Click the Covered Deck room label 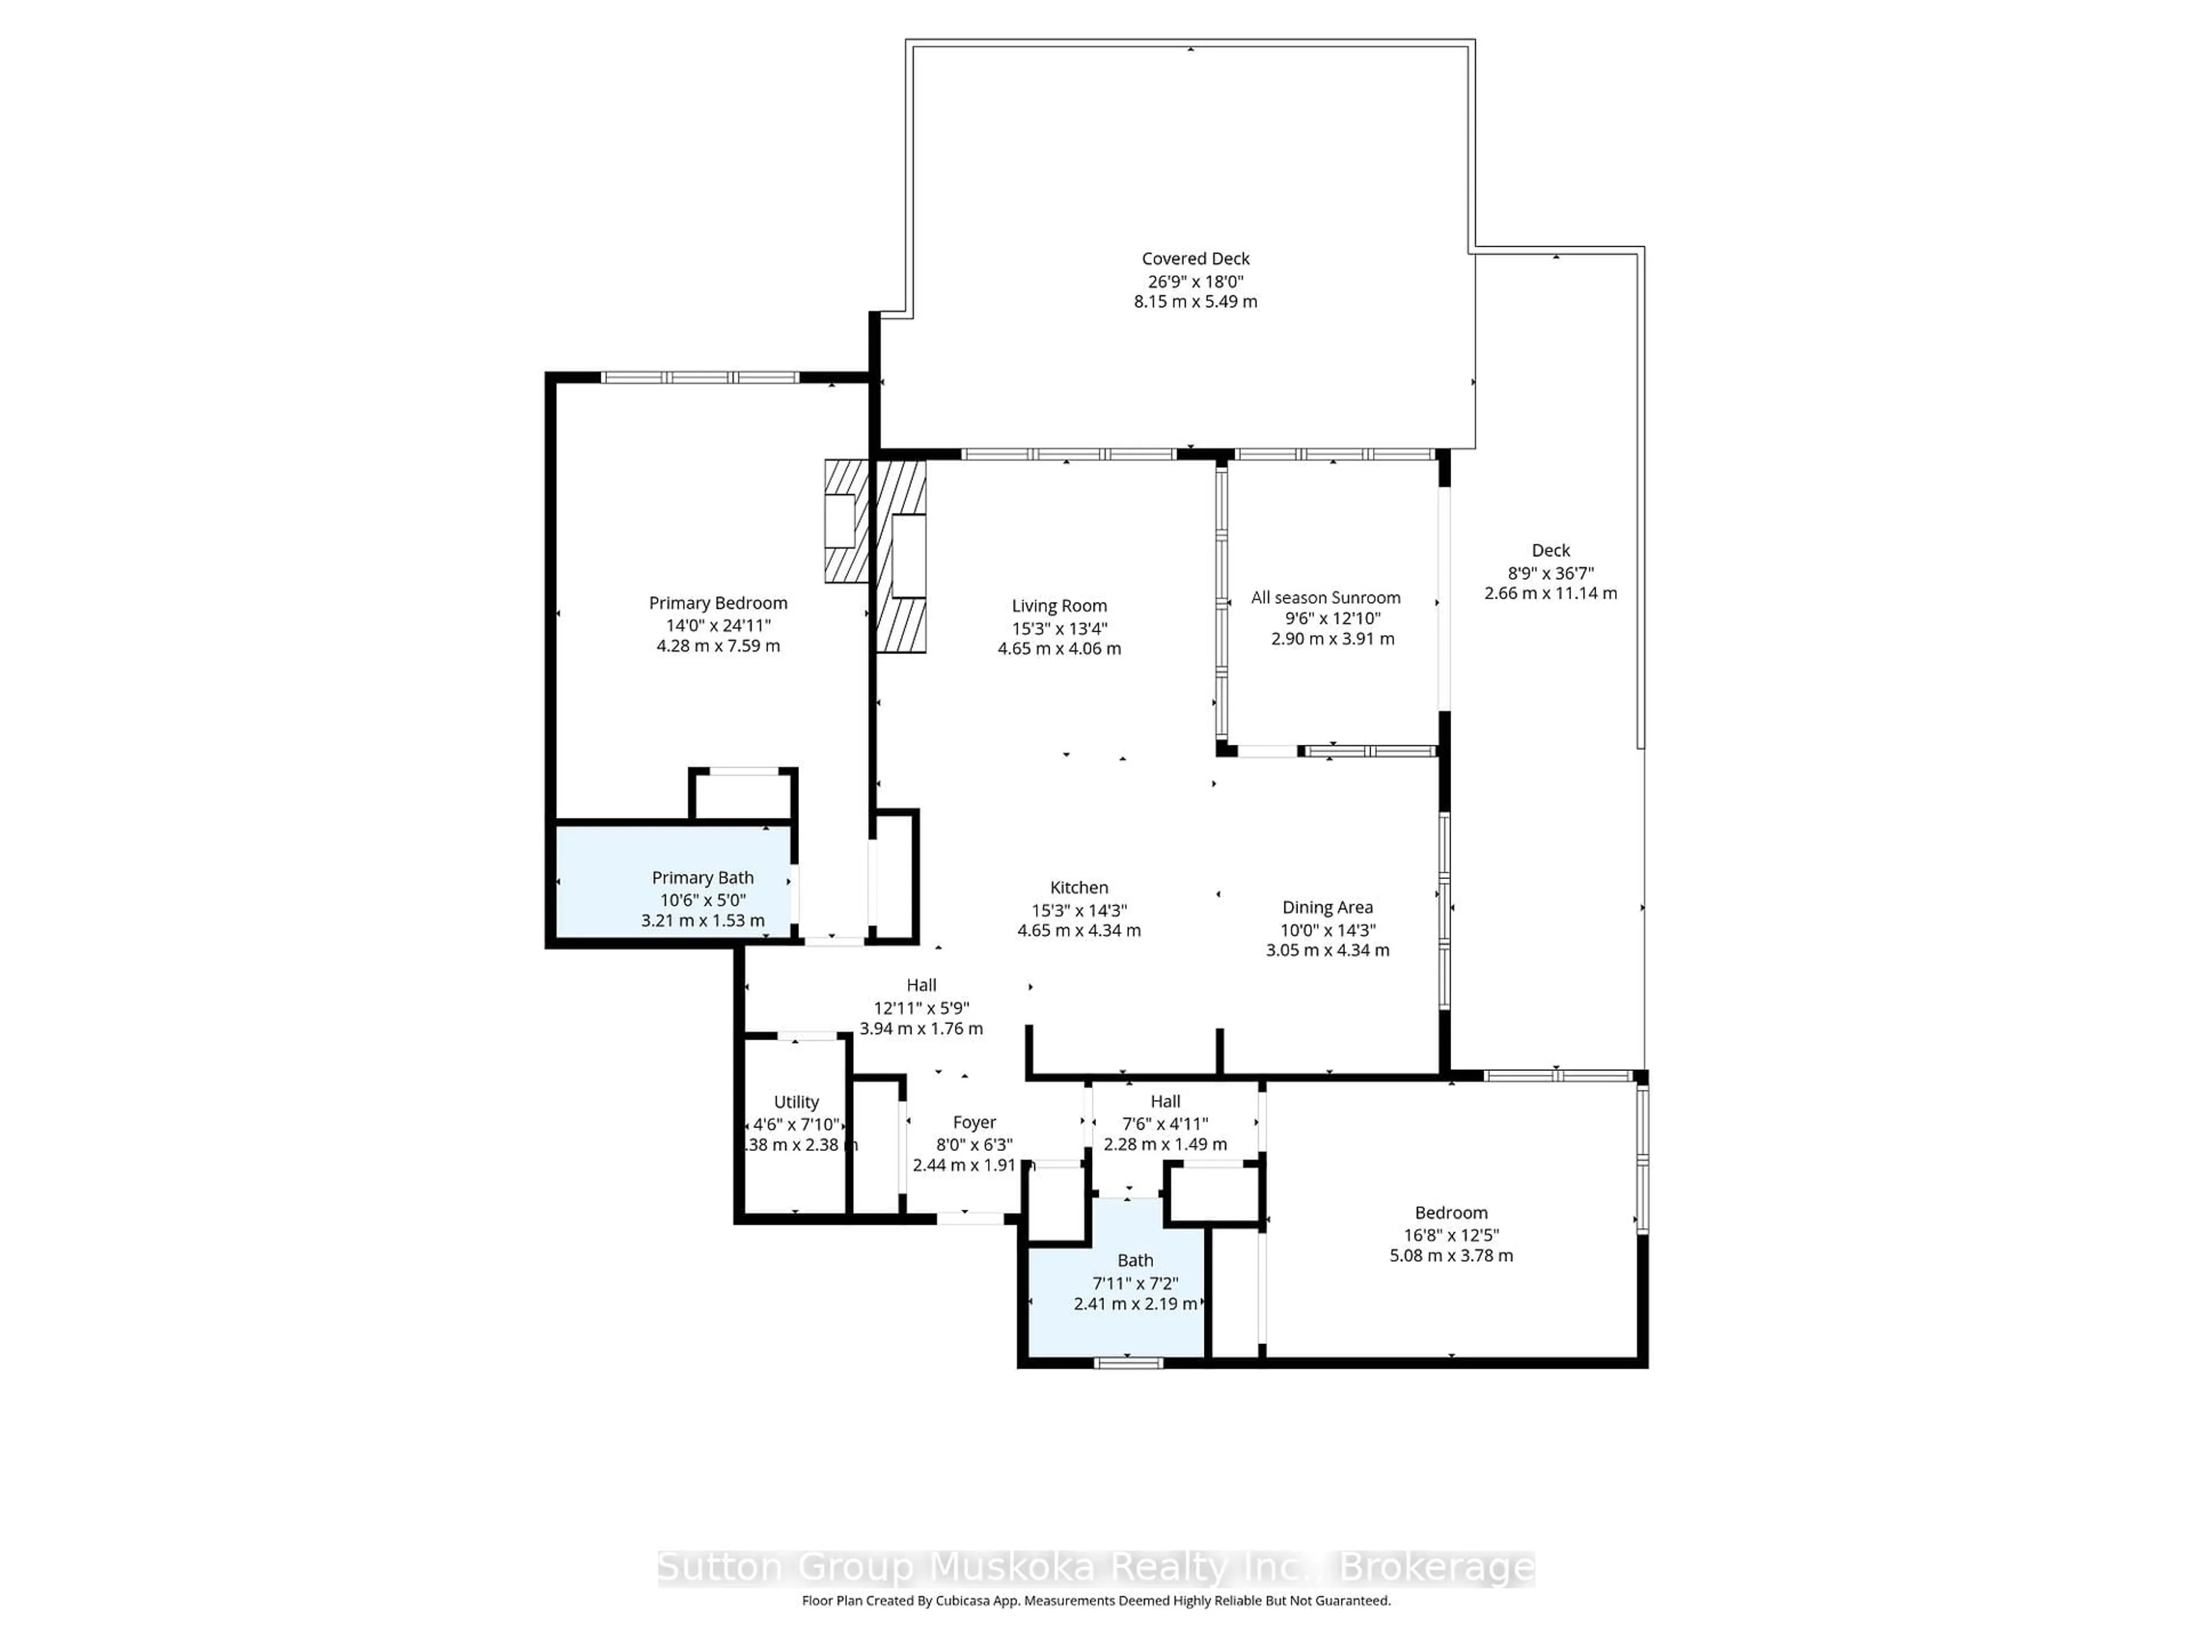point(1196,259)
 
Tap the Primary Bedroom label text point(718,603)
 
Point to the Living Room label point(1059,606)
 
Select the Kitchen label point(1079,888)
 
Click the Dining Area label point(1327,907)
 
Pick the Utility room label point(796,1102)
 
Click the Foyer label point(974,1122)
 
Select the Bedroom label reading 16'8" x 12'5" point(1451,1213)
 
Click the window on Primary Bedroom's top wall point(700,377)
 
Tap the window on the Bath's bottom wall point(1128,1362)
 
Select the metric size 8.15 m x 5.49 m point(1196,302)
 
